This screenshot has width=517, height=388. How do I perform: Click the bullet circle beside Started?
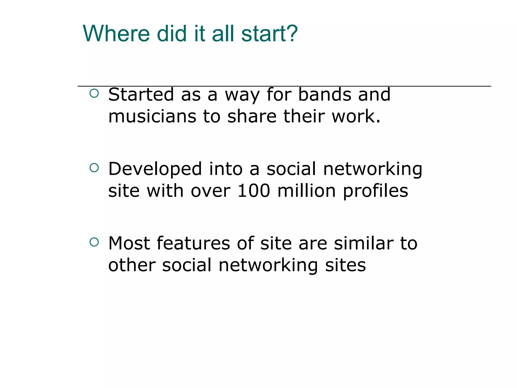coord(94,93)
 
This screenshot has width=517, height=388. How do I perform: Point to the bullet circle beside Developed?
coord(94,168)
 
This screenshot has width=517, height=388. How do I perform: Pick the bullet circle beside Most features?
coord(94,242)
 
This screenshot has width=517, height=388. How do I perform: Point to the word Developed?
coord(155,169)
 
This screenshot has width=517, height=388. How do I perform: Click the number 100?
coord(254,191)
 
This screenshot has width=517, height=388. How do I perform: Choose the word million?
coord(306,191)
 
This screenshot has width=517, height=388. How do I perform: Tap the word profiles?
coord(375,191)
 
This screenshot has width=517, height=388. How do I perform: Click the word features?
coord(193,243)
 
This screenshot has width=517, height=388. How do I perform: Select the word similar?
coord(364,243)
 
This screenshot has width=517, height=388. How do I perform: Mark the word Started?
coord(141,94)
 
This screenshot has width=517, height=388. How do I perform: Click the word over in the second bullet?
coord(211,191)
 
